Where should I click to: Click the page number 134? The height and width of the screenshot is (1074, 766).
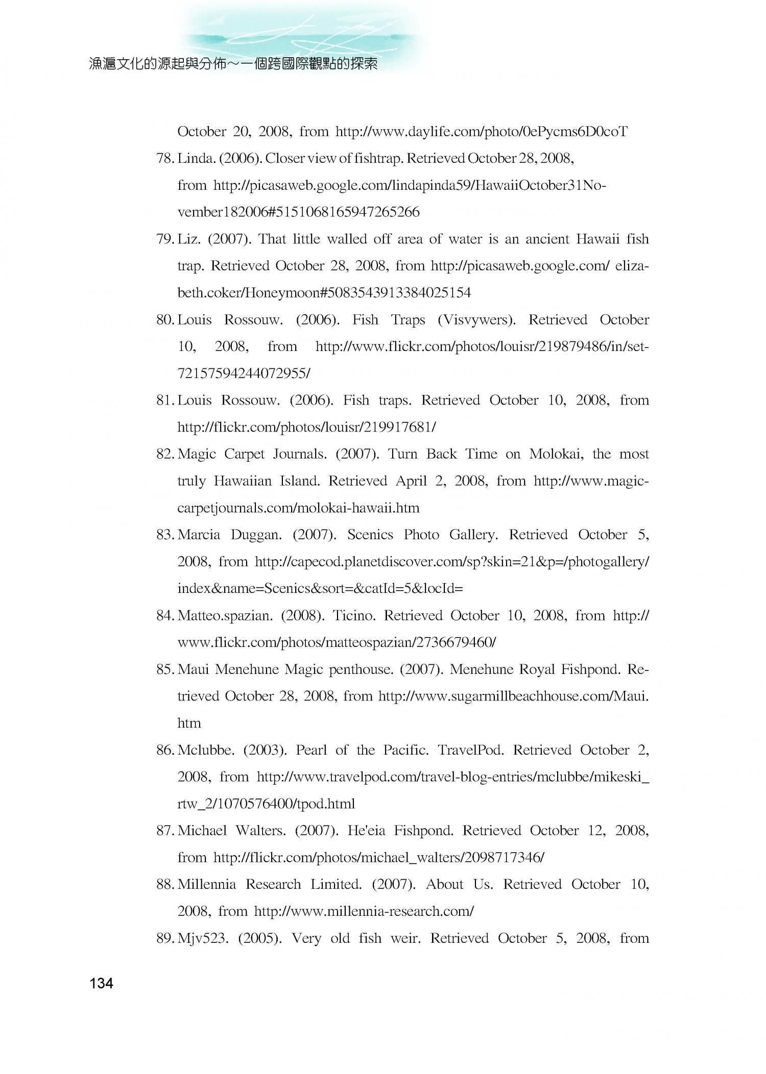pyautogui.click(x=101, y=983)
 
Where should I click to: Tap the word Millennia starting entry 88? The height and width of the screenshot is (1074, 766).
pyautogui.click(x=207, y=884)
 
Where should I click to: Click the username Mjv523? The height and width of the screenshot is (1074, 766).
pyautogui.click(x=203, y=938)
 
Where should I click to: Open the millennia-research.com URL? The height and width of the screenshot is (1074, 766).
pyautogui.click(x=364, y=911)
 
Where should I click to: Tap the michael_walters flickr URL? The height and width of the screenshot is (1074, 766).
pyautogui.click(x=378, y=857)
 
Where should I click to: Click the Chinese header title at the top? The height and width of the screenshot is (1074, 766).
pyautogui.click(x=233, y=64)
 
